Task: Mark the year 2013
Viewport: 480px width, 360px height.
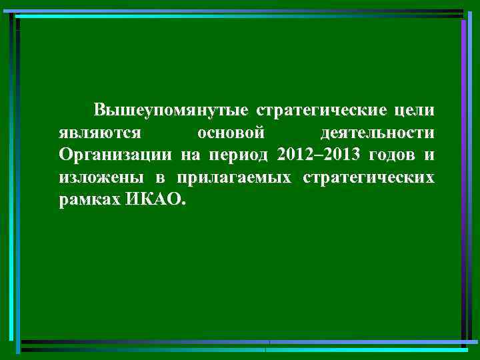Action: click(x=339, y=155)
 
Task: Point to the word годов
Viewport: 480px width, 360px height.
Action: click(x=392, y=155)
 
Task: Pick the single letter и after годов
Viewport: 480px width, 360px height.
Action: click(x=429, y=155)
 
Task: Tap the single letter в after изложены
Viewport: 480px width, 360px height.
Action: click(x=161, y=178)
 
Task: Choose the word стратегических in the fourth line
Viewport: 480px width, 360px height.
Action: click(x=369, y=178)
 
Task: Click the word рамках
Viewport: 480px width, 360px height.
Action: click(x=88, y=201)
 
